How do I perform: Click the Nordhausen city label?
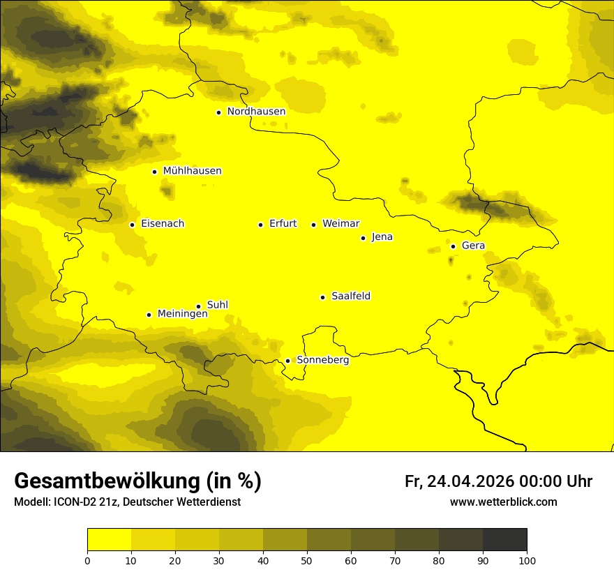[x=256, y=111]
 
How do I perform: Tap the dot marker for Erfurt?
[x=260, y=225]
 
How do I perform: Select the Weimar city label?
[x=340, y=224]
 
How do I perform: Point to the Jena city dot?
[x=363, y=238]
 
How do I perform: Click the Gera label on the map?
[x=473, y=246]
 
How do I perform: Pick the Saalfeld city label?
[x=351, y=296]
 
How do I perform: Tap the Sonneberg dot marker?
[x=287, y=361]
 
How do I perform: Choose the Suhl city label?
[x=218, y=305]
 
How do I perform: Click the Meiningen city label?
[x=183, y=314]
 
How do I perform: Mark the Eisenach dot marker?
[x=132, y=225]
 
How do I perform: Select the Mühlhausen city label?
[x=192, y=171]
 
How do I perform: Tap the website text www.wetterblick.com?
[x=503, y=502]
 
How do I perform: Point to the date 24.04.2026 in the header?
[x=470, y=481]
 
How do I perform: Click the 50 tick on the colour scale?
[x=307, y=560]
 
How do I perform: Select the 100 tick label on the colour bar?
[x=527, y=560]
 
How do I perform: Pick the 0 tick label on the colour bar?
[x=87, y=560]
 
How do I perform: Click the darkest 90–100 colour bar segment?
[x=504, y=540]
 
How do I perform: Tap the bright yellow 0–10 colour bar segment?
[x=109, y=540]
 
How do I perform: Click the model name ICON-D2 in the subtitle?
[x=74, y=502]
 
